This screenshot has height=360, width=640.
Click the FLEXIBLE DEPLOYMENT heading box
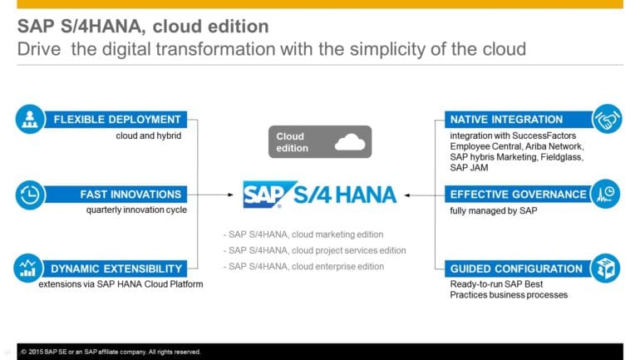click(117, 120)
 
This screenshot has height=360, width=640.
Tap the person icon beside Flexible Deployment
click(30, 120)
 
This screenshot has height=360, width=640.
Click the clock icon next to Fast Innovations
click(30, 195)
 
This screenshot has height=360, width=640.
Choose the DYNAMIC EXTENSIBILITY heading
click(117, 269)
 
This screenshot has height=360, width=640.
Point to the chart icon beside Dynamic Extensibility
click(30, 269)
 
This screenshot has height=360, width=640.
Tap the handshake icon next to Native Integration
click(606, 120)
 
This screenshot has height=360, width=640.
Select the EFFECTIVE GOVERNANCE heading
click(518, 195)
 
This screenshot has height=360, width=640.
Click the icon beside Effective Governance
click(606, 195)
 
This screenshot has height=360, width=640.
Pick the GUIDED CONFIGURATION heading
click(516, 269)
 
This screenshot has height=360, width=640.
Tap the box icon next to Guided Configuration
click(606, 269)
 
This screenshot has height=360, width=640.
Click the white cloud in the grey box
click(349, 142)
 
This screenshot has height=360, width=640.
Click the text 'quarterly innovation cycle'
click(136, 210)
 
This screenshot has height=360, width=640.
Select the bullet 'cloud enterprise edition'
click(304, 266)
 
